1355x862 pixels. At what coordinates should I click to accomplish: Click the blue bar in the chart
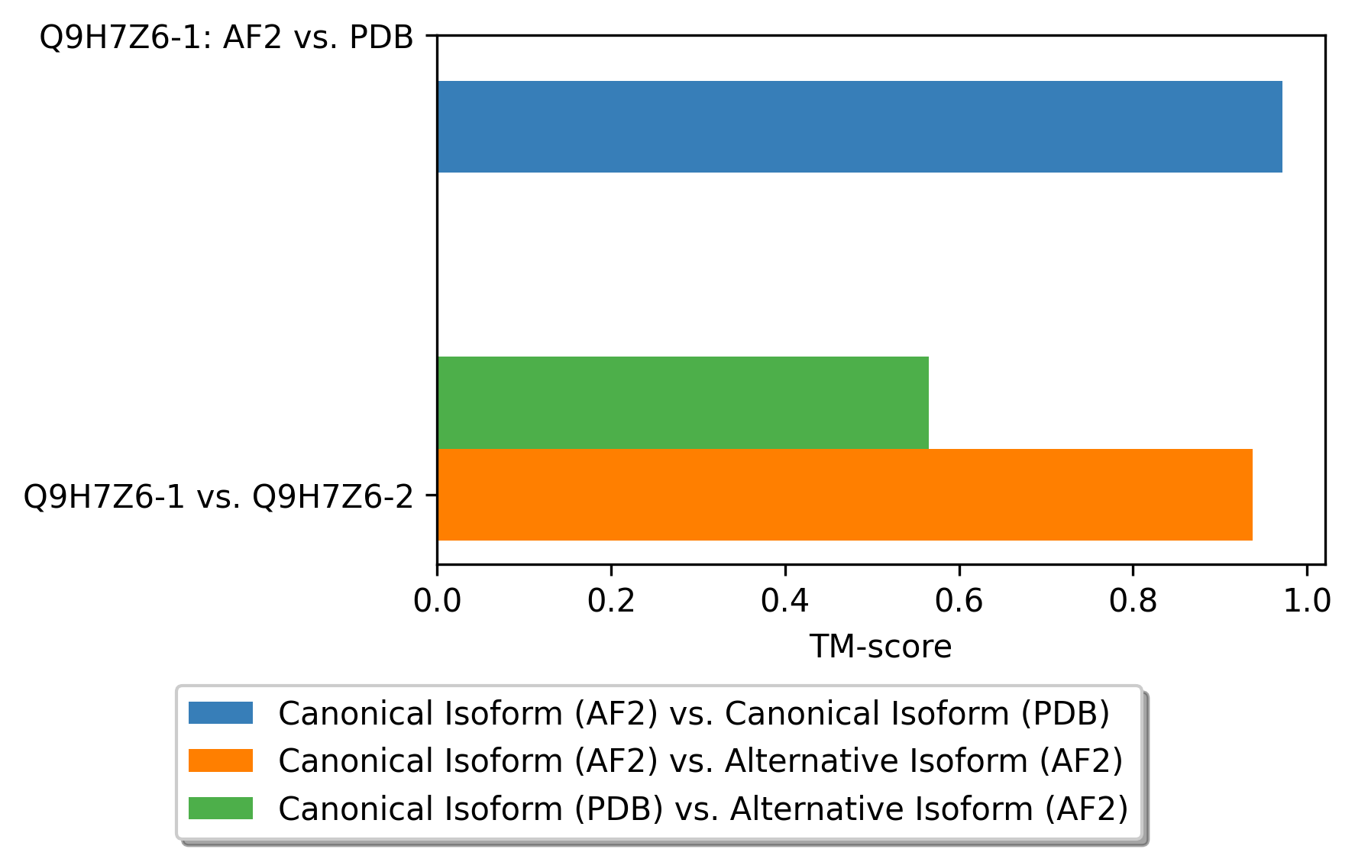859,127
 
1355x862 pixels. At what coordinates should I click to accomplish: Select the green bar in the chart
683,402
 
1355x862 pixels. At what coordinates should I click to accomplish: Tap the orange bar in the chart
845,495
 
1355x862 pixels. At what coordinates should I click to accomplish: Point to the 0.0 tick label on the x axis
437,601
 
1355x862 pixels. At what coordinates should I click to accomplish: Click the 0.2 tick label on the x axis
611,601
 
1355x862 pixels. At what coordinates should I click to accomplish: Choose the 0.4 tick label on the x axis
785,601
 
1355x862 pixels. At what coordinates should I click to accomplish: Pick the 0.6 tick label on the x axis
959,601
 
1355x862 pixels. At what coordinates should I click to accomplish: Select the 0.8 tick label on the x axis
1133,601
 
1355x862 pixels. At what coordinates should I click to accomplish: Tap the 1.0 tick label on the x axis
1307,601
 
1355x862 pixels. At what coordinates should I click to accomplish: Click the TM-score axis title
881,647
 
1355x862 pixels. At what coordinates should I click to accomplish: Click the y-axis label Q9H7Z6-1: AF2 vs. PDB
226,37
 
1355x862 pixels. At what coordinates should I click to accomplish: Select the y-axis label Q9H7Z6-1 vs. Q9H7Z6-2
218,496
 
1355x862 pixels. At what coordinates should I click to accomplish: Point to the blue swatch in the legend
221,713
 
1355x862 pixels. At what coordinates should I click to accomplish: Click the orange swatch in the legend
221,760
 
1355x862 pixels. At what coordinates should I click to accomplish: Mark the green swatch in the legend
221,808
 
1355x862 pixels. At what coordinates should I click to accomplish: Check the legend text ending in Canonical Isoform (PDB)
694,713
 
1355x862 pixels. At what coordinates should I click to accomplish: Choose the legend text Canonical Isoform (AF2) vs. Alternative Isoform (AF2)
701,760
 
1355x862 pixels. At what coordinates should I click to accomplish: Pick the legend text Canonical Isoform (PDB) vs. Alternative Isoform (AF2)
703,808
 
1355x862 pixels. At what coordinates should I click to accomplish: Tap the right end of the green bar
929,402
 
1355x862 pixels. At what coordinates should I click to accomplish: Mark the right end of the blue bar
1282,127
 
